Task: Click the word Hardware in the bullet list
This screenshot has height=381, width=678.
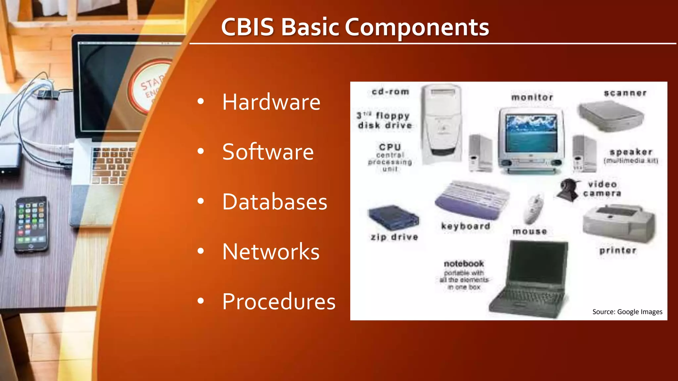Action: point(271,102)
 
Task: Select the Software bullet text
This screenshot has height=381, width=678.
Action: point(268,152)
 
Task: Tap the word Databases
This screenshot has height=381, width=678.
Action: point(274,202)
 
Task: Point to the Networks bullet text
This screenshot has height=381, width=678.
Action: point(271,252)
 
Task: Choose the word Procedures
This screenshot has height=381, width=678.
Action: point(279,302)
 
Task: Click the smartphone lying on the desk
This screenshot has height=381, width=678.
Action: point(31,224)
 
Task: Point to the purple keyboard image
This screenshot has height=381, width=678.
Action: point(472,200)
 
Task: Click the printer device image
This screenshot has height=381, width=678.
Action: point(618,223)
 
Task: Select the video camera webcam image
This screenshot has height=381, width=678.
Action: point(568,190)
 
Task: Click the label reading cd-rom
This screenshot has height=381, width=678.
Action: point(390,92)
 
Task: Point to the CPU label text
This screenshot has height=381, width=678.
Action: point(390,147)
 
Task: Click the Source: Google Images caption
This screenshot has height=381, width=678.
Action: point(627,312)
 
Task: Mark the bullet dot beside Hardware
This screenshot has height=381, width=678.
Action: point(200,102)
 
